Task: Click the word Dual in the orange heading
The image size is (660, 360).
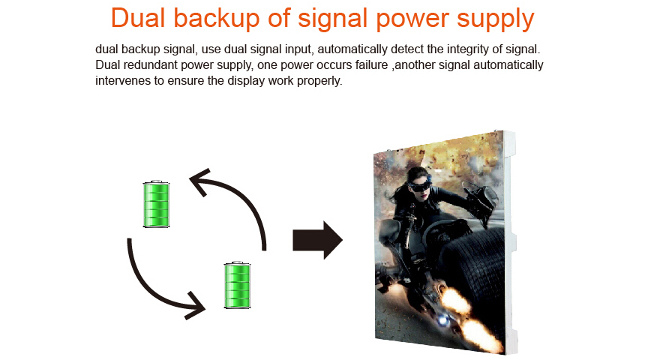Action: click(x=138, y=18)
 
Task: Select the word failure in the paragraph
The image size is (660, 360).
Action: click(x=372, y=64)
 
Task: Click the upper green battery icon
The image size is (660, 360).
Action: click(x=156, y=204)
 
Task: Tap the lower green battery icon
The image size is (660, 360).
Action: click(x=238, y=285)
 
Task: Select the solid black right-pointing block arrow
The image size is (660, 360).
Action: click(x=318, y=240)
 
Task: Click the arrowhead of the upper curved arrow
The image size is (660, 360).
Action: click(x=200, y=181)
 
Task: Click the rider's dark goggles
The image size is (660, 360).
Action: click(x=419, y=184)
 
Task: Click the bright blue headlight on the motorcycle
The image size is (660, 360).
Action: click(x=442, y=320)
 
